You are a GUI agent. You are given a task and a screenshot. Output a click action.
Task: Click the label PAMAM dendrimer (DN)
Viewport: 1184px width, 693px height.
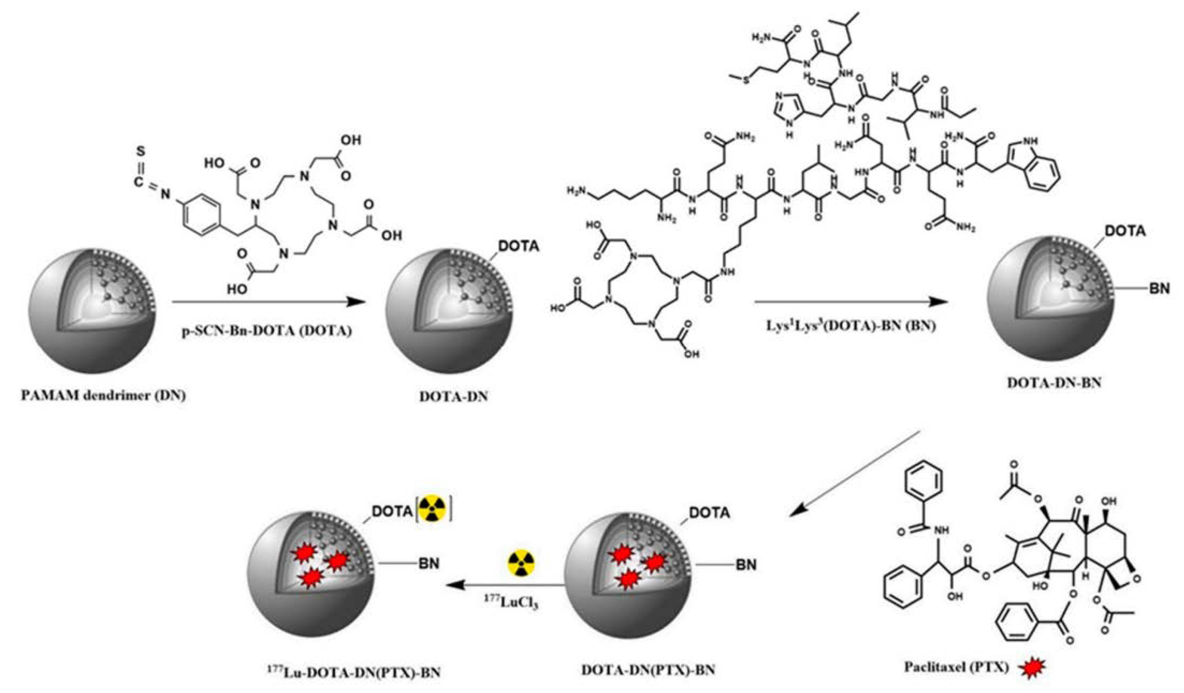104,396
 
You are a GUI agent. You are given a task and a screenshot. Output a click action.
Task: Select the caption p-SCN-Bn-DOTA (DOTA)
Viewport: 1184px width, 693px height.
266,331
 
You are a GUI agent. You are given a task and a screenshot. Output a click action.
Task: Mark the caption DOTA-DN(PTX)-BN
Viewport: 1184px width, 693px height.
648,670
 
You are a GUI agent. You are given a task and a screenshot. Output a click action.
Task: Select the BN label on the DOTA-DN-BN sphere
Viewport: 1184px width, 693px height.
1159,288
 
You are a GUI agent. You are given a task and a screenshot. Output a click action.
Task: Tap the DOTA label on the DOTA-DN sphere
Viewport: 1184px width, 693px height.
518,246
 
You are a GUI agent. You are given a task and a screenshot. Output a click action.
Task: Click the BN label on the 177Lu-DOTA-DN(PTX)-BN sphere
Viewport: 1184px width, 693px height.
429,563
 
